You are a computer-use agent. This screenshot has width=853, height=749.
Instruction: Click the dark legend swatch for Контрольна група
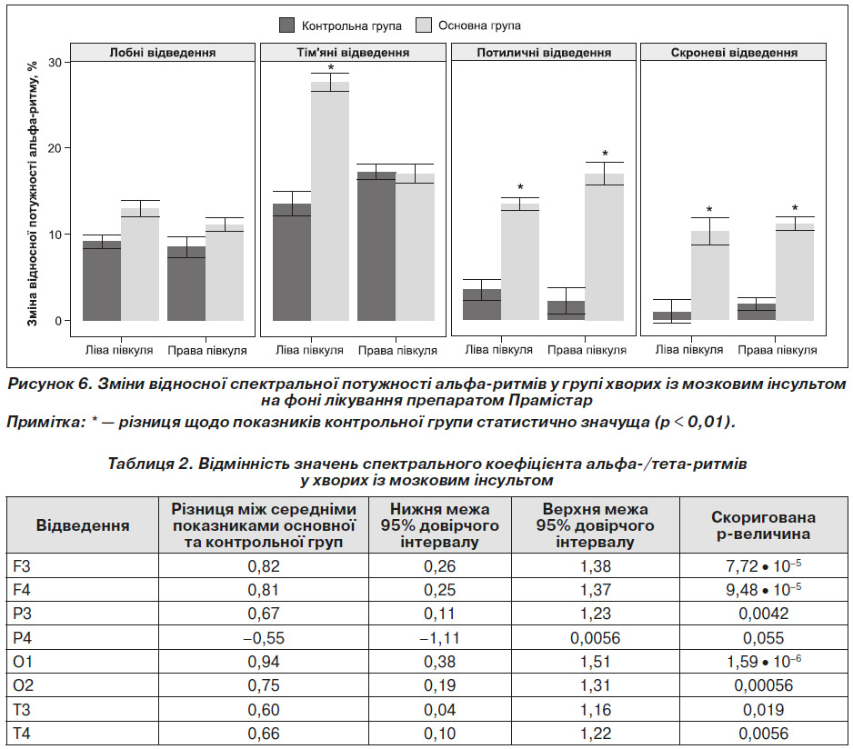pyautogui.click(x=286, y=25)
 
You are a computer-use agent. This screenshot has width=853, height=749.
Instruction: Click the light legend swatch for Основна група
pyautogui.click(x=423, y=25)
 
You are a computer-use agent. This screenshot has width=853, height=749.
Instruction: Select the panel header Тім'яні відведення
pyautogui.click(x=353, y=52)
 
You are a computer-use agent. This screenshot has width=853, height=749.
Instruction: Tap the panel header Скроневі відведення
pyautogui.click(x=734, y=52)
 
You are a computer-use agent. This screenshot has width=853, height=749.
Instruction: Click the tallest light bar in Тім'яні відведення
pyautogui.click(x=330, y=201)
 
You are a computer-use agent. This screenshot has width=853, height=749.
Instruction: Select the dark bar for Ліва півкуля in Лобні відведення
pyautogui.click(x=102, y=281)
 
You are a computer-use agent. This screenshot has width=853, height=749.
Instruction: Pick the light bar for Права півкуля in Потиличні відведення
pyautogui.click(x=605, y=247)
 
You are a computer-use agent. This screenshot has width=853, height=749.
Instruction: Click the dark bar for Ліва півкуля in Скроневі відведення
pyautogui.click(x=672, y=316)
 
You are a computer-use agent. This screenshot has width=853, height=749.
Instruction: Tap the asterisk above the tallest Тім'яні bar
pyautogui.click(x=331, y=68)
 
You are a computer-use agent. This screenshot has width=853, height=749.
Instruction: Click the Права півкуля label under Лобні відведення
pyautogui.click(x=207, y=350)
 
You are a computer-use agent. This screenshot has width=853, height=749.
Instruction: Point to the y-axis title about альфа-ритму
pyautogui.click(x=33, y=194)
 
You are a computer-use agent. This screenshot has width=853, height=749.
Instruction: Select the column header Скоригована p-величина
pyautogui.click(x=763, y=525)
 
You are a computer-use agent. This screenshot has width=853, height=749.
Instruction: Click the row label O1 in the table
pyautogui.click(x=23, y=662)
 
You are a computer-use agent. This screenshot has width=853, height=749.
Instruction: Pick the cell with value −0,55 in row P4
pyautogui.click(x=264, y=637)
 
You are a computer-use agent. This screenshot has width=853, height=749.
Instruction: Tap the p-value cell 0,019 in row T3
pyautogui.click(x=764, y=709)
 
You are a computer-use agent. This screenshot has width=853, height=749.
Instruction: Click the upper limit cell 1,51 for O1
pyautogui.click(x=595, y=662)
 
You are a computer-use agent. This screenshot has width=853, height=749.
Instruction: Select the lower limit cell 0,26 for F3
pyautogui.click(x=439, y=566)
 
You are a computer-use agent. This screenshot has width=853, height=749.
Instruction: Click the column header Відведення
pyautogui.click(x=83, y=525)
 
